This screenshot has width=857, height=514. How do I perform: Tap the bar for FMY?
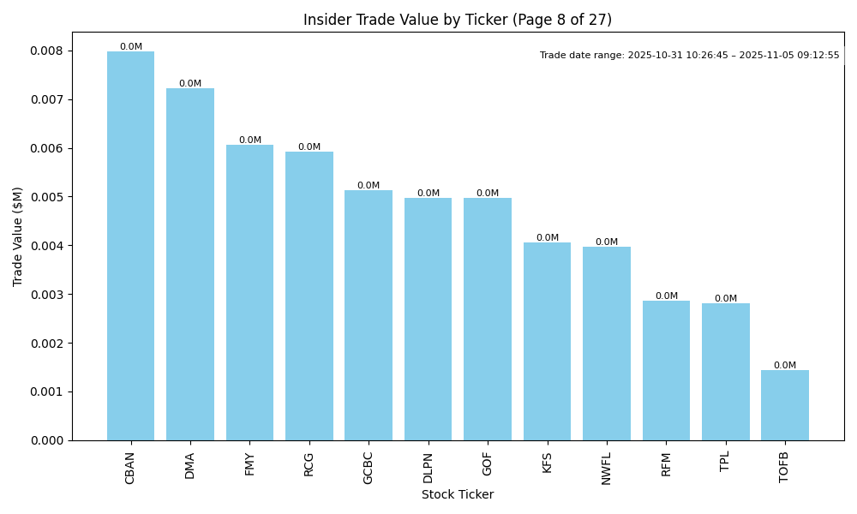coord(249,292)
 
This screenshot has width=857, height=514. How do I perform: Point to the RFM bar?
coord(666,370)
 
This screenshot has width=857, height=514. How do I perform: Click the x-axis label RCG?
coord(309,463)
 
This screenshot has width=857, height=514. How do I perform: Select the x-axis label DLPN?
coord(428,468)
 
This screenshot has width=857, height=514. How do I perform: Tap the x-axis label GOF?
coord(488,463)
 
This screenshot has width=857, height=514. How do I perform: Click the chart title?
coord(458,20)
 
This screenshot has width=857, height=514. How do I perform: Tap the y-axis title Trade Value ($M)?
coord(18,236)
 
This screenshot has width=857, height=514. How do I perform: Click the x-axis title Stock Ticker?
coord(458,494)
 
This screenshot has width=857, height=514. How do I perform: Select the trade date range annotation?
coord(690,56)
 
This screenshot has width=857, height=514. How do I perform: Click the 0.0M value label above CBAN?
coord(131,47)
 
